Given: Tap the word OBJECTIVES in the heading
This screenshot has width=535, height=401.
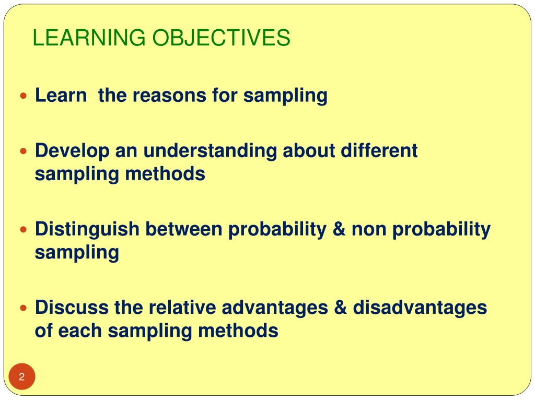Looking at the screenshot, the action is pyautogui.click(x=221, y=38).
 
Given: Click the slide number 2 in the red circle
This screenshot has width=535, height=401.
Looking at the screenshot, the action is pyautogui.click(x=22, y=377).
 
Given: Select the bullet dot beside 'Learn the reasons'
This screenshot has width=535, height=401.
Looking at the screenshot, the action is pyautogui.click(x=23, y=96).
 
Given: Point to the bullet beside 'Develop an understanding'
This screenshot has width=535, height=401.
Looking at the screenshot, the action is pyautogui.click(x=23, y=151).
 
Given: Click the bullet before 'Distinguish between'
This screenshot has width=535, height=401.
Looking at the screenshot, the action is pyautogui.click(x=23, y=230).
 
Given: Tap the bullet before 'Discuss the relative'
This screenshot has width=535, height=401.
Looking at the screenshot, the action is pyautogui.click(x=23, y=308).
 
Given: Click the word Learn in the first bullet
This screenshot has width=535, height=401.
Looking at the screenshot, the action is pyautogui.click(x=61, y=95).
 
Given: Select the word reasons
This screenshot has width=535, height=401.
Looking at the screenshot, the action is pyautogui.click(x=169, y=95).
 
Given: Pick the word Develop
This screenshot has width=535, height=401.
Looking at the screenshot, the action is pyautogui.click(x=72, y=151).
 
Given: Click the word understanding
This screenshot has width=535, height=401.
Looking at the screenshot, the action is pyautogui.click(x=210, y=151).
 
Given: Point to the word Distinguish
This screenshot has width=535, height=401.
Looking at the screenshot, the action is pyautogui.click(x=87, y=230).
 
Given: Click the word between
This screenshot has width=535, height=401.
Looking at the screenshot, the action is pyautogui.click(x=184, y=229).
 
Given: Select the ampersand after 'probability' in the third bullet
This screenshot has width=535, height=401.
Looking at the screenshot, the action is pyautogui.click(x=339, y=229).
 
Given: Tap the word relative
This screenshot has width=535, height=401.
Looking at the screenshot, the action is pyautogui.click(x=182, y=308).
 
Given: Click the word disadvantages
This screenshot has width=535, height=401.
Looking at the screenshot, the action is pyautogui.click(x=420, y=308).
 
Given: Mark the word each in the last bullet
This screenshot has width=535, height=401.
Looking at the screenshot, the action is pyautogui.click(x=80, y=331).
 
